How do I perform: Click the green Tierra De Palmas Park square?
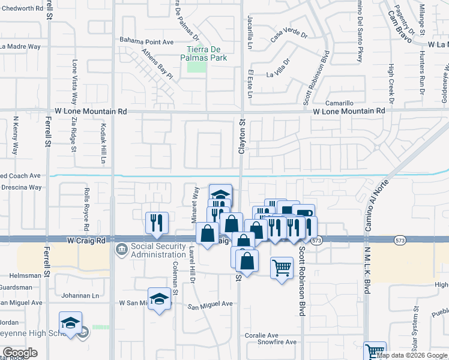click(196, 66)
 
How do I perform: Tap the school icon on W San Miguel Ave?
click(159, 300)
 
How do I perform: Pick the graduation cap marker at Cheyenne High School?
click(70, 323)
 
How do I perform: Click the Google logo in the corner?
click(19, 353)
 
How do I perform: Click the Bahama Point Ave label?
click(146, 41)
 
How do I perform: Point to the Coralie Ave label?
click(261, 335)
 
